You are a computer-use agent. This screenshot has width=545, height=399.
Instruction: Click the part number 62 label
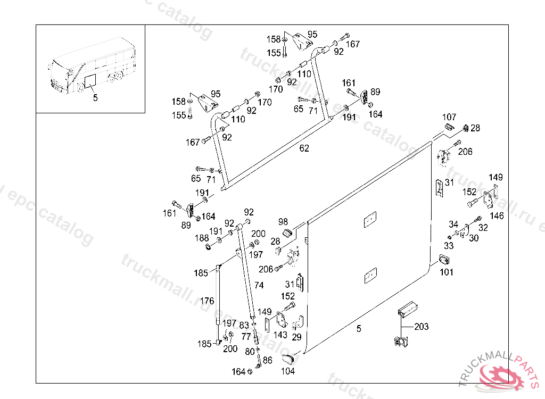coord(304,148)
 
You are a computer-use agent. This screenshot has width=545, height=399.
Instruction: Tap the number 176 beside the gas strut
coord(207,301)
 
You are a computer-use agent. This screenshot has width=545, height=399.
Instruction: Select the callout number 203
coord(420,327)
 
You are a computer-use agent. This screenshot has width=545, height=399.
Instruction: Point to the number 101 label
coord(447,272)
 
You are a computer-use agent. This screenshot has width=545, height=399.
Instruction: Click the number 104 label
coord(287,371)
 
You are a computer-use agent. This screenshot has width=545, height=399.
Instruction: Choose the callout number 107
coord(449,117)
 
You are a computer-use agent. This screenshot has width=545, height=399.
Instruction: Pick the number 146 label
coord(497,216)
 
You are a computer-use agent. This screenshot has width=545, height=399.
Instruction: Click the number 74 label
coord(259,286)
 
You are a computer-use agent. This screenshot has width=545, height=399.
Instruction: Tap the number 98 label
coord(283,222)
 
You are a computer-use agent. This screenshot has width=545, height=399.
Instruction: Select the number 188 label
coord(202,238)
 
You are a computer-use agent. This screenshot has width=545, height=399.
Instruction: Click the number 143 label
coord(280,335)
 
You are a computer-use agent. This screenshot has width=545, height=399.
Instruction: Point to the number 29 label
coord(296,337)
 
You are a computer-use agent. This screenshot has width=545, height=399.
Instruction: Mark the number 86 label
coord(267,360)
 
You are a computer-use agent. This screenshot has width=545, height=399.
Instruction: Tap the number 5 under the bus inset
coord(95,98)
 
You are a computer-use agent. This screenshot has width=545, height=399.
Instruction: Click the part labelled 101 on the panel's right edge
coord(444,260)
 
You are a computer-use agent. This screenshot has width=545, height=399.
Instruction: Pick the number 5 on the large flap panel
coord(359,329)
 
